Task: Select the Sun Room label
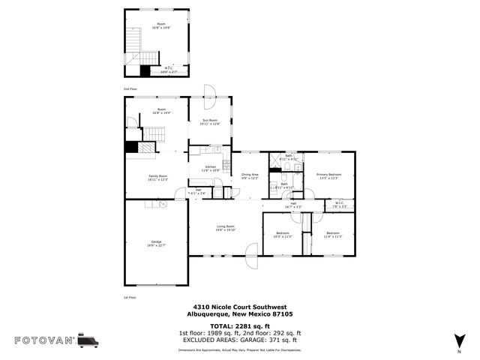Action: point(209,121)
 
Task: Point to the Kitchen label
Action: point(211,168)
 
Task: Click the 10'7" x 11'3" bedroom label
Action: point(283,235)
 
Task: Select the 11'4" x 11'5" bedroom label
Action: point(332,235)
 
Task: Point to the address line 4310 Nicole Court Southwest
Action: point(241,306)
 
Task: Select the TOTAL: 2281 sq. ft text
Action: point(241,326)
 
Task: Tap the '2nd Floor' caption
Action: point(130,88)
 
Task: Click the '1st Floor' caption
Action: point(130,298)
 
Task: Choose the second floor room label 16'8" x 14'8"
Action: point(162,26)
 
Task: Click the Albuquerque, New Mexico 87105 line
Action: point(241,316)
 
